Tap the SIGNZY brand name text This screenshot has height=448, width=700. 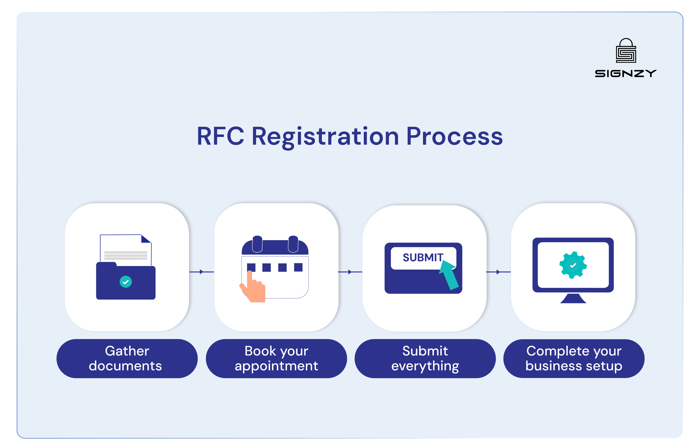(625, 74)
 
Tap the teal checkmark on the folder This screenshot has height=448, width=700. (126, 282)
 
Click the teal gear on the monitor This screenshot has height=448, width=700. (573, 265)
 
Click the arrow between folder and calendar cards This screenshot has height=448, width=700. (201, 272)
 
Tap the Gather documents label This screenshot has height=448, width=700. (127, 358)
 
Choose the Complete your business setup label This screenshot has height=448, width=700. (574, 358)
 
